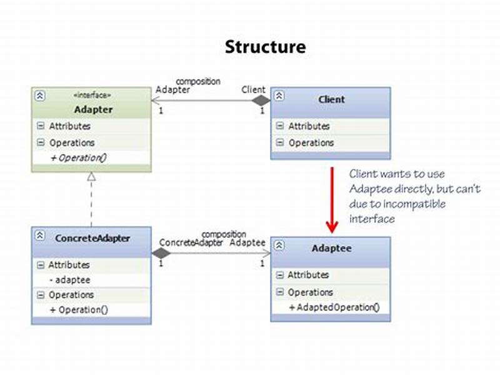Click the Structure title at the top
265,47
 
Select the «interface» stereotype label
93,95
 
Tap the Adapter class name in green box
93,110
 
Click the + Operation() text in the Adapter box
78,157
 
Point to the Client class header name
331,99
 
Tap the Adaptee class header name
331,248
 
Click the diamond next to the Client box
261,100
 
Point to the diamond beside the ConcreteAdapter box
161,253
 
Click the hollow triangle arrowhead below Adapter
91,177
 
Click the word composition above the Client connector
198,81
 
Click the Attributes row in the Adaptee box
308,275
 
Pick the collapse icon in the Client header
279,96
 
